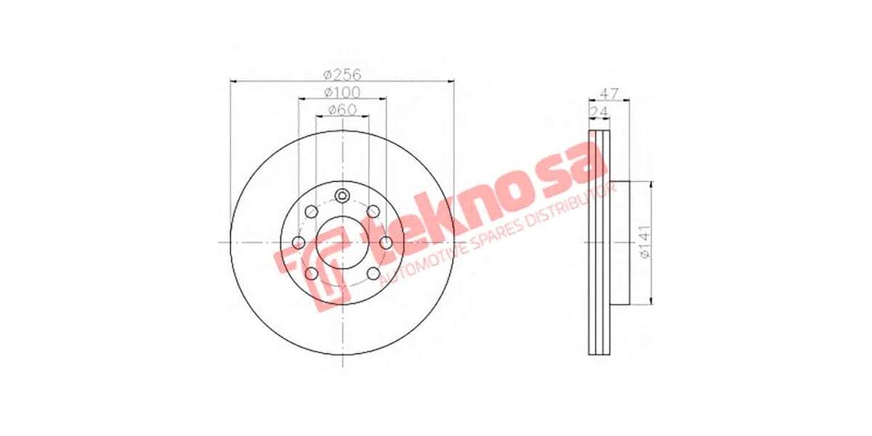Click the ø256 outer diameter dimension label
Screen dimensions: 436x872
click(342, 74)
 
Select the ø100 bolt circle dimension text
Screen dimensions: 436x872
click(342, 92)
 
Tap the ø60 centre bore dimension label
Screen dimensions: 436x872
click(342, 110)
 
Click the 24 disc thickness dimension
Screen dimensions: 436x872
click(599, 110)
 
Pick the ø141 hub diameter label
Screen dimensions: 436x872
click(643, 242)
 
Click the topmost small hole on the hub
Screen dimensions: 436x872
click(342, 195)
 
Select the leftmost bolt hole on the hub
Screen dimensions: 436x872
click(298, 242)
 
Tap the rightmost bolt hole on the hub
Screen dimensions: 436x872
click(387, 242)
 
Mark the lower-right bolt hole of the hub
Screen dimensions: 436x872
click(374, 273)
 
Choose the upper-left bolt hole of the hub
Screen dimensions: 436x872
click(311, 211)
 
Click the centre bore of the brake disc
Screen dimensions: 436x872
click(342, 242)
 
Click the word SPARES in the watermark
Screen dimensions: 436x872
click(501, 227)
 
